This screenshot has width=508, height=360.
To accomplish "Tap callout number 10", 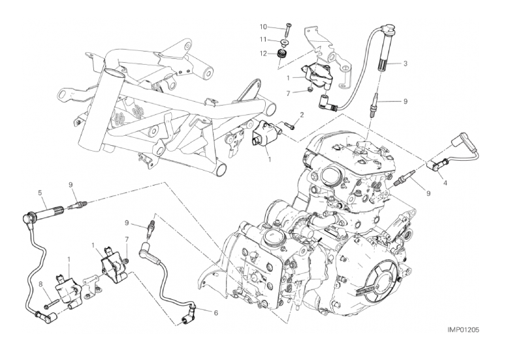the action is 262,26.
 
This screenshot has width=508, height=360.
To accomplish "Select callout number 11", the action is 262,39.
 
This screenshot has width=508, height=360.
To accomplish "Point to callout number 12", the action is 262,54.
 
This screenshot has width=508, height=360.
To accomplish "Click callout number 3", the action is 405,63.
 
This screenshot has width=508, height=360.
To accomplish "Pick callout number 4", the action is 445,183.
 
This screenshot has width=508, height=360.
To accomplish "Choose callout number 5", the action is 40,193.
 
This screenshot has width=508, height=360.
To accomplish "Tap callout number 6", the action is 215,313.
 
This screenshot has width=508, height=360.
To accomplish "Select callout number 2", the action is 302,115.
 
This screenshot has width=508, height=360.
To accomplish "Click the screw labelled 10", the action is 288,31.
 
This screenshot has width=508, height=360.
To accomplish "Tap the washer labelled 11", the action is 285,42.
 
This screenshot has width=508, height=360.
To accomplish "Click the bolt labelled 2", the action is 290,125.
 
